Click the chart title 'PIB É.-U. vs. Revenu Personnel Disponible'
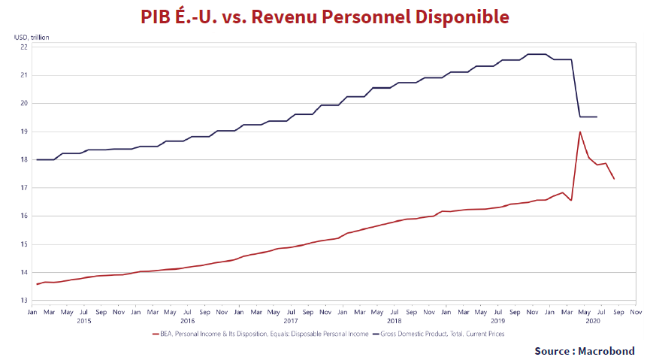[x=325, y=17]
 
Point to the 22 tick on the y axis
[x=24, y=47]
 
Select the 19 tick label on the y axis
[x=24, y=132]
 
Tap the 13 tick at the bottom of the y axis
[x=24, y=301]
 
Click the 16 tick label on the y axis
[x=24, y=216]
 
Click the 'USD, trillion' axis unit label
[x=31, y=36]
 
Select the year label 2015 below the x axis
[x=83, y=321]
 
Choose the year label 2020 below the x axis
[x=593, y=321]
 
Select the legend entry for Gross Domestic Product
[x=439, y=334]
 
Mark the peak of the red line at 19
[x=580, y=132]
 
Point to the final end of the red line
[x=614, y=179]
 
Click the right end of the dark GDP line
[x=597, y=116]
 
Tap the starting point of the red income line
[x=37, y=284]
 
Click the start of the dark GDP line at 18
[x=37, y=159]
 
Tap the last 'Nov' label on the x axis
[x=635, y=310]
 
